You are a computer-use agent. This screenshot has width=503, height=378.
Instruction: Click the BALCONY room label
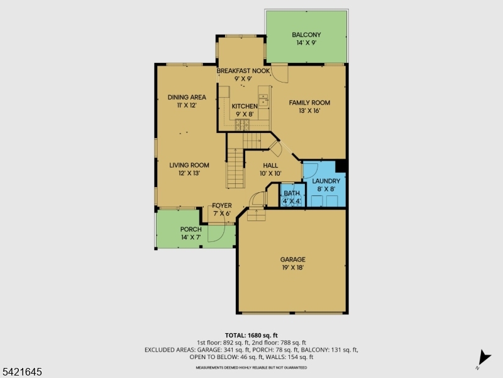coord(306,35)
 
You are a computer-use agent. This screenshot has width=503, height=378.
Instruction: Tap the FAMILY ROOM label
coord(309,103)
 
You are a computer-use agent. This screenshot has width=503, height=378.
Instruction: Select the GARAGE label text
coord(292,259)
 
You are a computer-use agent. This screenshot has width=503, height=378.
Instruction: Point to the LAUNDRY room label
coord(326,181)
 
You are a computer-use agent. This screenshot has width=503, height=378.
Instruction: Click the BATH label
coord(291,193)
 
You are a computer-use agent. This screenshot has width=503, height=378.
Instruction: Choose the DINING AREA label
coord(187,97)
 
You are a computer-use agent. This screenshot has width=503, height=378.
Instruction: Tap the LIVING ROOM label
coord(189,165)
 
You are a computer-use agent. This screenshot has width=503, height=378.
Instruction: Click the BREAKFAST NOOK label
coord(243,71)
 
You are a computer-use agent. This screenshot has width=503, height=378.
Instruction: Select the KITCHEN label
coord(244,106)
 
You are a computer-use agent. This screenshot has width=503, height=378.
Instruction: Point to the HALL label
coord(270,165)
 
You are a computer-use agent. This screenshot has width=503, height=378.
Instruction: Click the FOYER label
coord(221,205)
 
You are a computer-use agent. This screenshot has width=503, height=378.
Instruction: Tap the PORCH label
coord(191,229)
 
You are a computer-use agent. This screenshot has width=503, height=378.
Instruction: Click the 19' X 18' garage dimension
coord(292,267)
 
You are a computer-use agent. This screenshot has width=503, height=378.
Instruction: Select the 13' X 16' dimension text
coord(309,111)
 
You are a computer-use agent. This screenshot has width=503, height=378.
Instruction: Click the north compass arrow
coord(484,357)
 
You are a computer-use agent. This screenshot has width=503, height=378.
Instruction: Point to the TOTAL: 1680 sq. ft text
coord(251,335)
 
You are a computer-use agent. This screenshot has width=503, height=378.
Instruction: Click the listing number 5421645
coord(21,372)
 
